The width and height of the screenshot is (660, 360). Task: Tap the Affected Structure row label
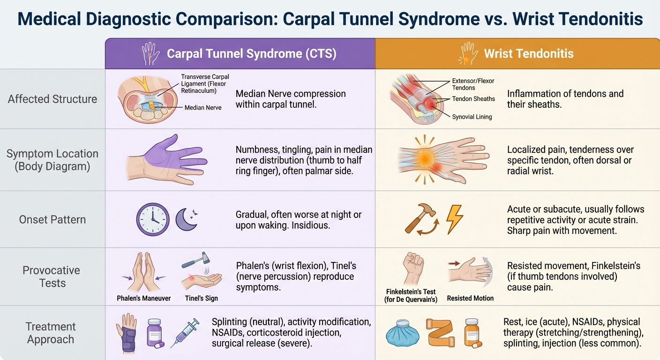tap(52, 99)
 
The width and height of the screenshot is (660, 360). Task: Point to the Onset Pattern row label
tap(52, 219)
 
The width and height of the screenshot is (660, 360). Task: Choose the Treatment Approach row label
tap(51, 333)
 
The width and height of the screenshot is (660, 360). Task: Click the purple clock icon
tap(152, 219)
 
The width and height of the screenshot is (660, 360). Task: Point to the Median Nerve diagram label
tap(203, 107)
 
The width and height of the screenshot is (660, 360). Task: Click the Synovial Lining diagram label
tap(472, 117)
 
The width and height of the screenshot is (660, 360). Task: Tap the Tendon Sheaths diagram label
tap(473, 99)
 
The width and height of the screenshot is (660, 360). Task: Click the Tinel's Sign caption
tap(202, 298)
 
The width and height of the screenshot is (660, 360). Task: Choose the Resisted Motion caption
tap(470, 298)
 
